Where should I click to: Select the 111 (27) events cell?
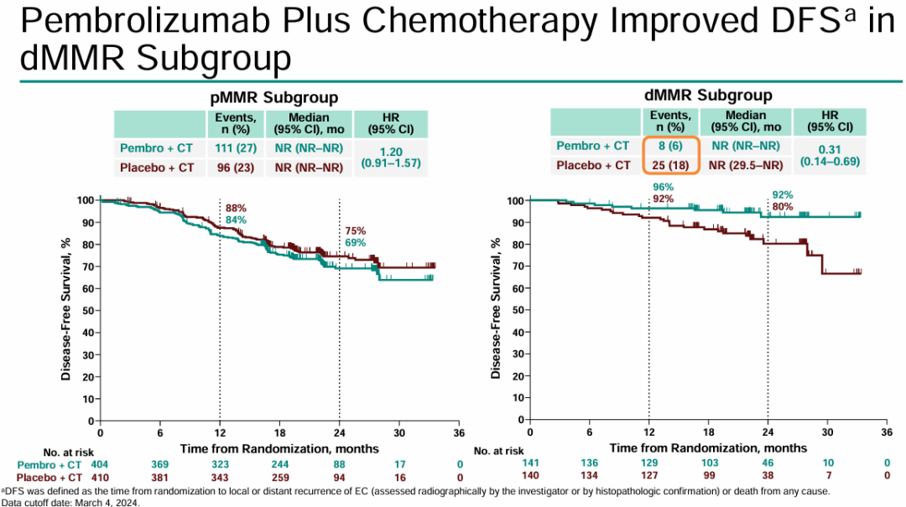(235, 148)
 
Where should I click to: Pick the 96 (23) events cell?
(235, 168)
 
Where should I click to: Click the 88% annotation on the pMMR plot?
(236, 208)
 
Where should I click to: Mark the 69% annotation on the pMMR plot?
(357, 242)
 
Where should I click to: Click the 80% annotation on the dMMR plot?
(783, 206)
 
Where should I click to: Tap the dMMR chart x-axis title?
(709, 448)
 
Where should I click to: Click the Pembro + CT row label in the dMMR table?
(592, 146)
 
